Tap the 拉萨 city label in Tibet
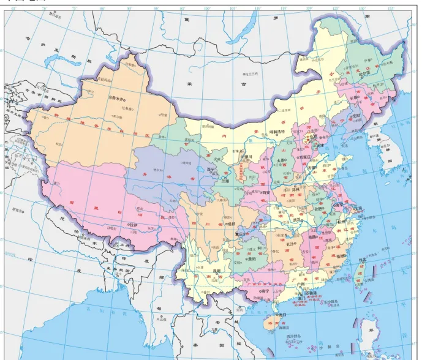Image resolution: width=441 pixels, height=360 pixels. (x=134, y=225)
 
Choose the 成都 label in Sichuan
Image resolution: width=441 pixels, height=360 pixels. (x=231, y=224)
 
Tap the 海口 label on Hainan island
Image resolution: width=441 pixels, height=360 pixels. (x=283, y=315)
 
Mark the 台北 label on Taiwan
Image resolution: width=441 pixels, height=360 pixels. (x=363, y=260)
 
